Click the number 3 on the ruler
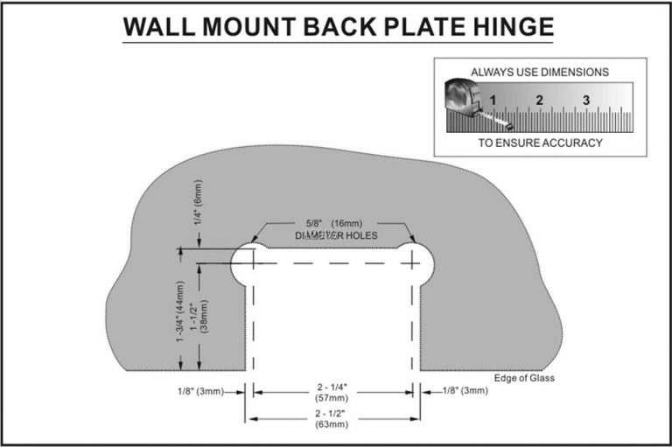click(586, 100)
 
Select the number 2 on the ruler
click(540, 100)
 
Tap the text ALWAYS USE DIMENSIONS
click(540, 72)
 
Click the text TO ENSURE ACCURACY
click(540, 143)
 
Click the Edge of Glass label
click(524, 379)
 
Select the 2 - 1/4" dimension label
click(332, 385)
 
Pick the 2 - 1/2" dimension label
click(332, 413)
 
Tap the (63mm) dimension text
click(332, 424)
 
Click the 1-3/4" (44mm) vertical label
click(181, 312)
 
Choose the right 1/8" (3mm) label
click(464, 391)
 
